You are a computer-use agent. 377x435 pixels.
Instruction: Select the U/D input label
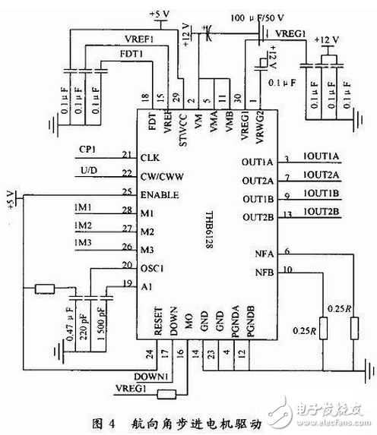point(87,171)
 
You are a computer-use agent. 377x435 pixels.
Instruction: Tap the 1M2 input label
point(84,226)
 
